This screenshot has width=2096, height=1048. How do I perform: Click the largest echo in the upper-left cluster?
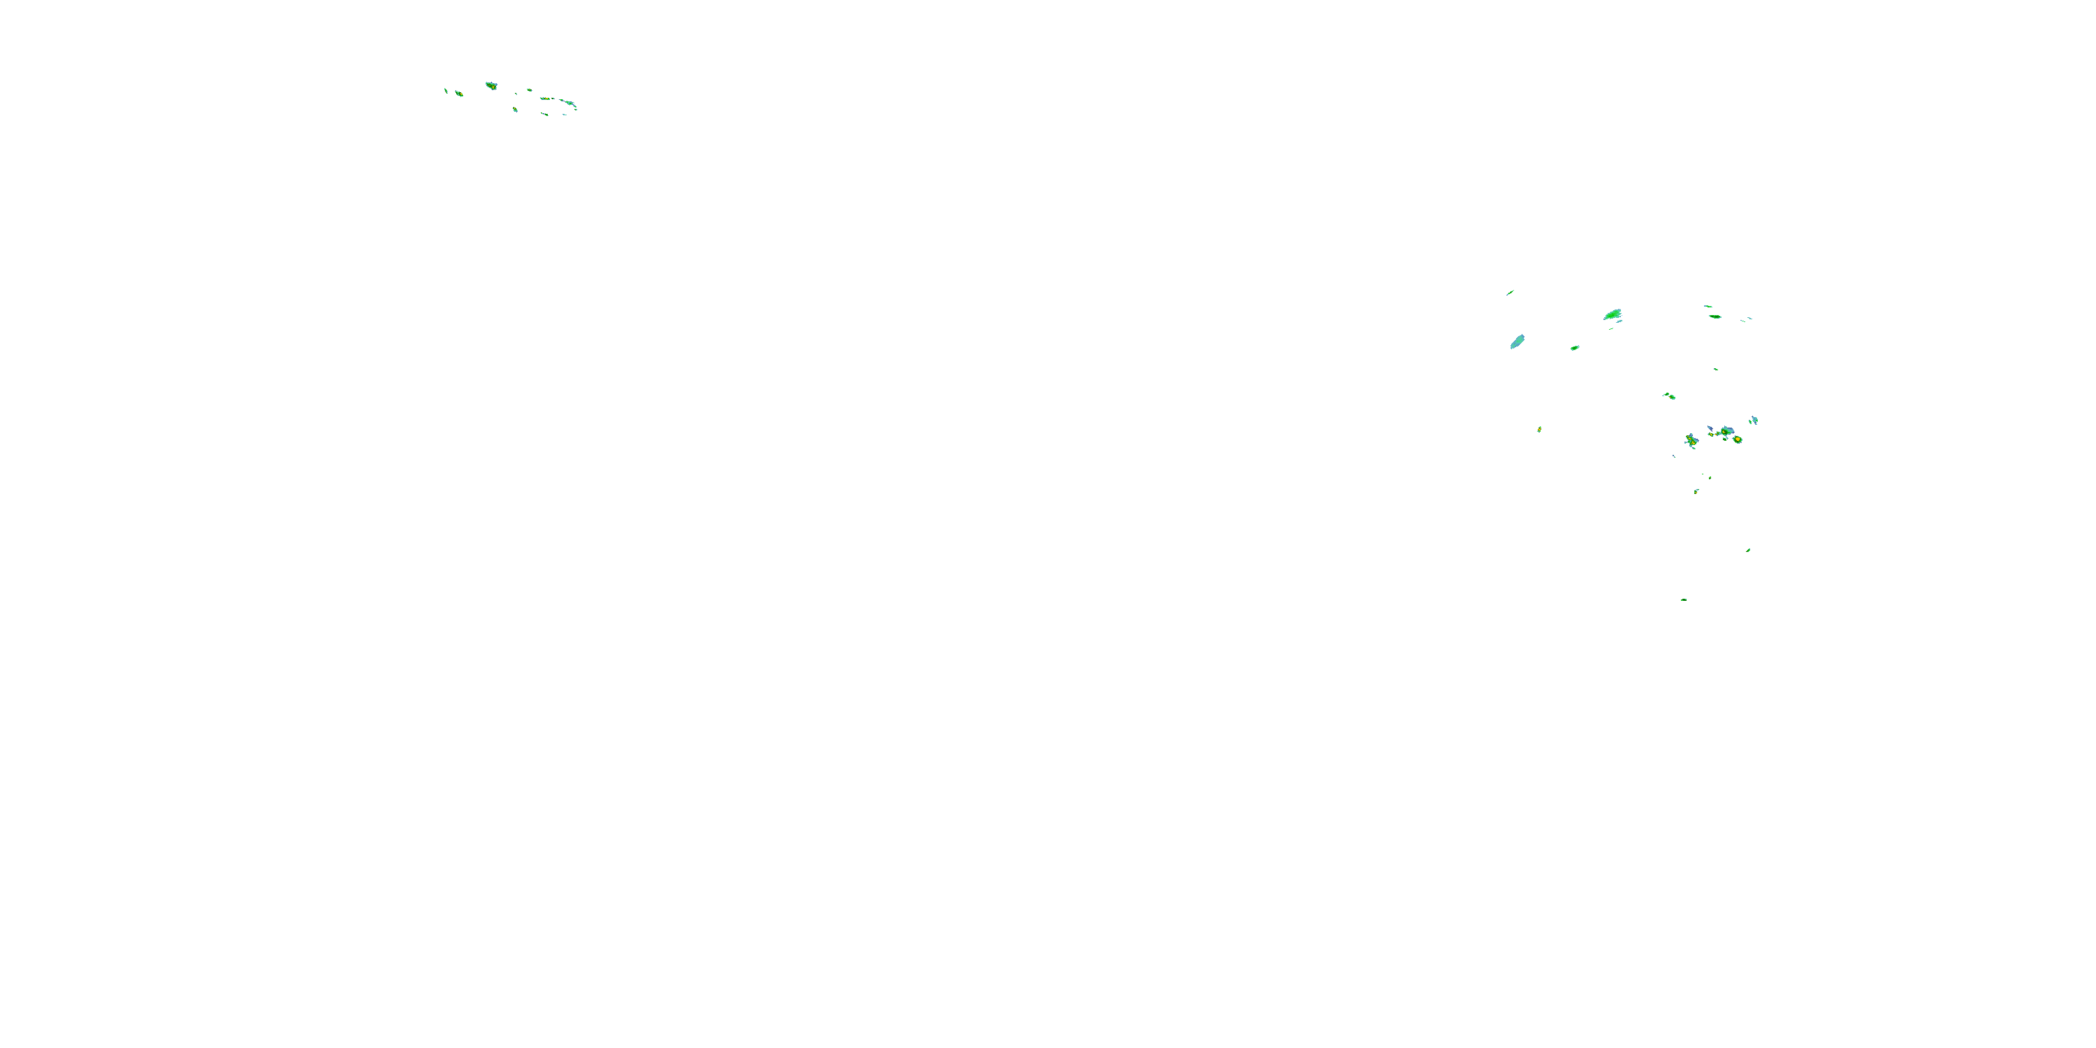tap(490, 85)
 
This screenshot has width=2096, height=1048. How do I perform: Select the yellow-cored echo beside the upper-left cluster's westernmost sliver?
tap(459, 94)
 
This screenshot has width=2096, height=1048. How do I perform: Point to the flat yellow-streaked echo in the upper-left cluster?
tap(546, 99)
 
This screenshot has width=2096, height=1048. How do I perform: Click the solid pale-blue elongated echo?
tap(1517, 342)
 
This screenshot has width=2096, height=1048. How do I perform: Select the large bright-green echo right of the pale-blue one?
tap(1612, 315)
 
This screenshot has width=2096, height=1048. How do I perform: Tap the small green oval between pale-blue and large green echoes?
tap(1574, 347)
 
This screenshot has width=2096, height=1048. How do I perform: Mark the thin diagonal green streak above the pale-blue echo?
tap(1509, 292)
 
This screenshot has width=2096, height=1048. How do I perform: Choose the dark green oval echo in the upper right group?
tap(1715, 316)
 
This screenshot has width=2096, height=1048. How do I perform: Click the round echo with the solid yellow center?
tap(1738, 439)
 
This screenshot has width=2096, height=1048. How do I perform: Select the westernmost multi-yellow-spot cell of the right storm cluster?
tap(1691, 440)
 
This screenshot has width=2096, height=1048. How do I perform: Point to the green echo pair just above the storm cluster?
tap(1669, 396)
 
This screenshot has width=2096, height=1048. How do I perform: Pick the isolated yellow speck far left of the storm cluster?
tap(1538, 429)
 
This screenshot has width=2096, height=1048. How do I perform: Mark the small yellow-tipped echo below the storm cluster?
tap(1696, 490)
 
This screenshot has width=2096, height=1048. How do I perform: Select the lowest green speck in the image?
tap(1684, 599)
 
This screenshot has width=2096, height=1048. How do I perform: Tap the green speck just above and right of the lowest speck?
tap(1748, 550)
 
